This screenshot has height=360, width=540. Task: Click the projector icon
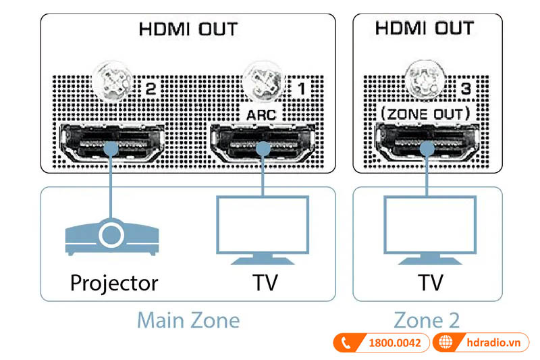coord(111,236)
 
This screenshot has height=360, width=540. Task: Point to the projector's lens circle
coord(111,235)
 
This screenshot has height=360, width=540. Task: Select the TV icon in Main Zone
coord(261,230)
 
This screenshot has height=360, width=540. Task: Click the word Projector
coord(113,282)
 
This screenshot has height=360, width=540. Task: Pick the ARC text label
coord(261,114)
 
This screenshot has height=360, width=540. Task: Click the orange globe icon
coord(446,343)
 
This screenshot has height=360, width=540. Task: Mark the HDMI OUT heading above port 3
coord(425,29)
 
